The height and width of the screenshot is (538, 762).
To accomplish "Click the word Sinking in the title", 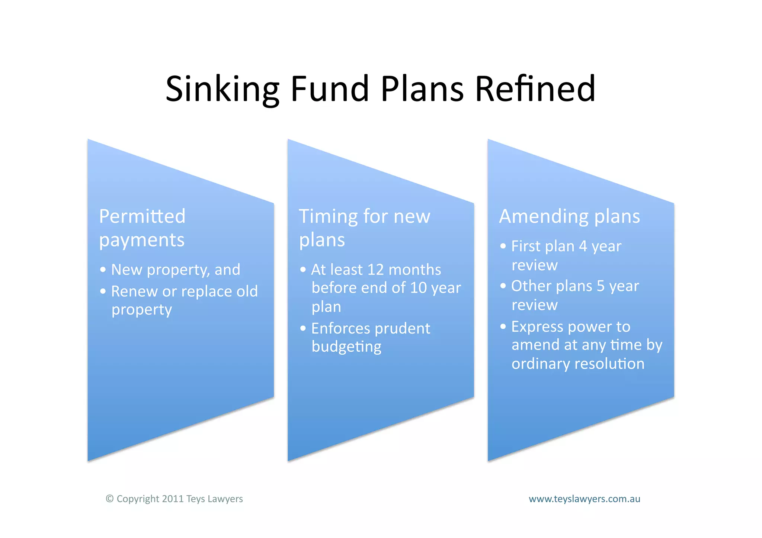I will [x=222, y=89].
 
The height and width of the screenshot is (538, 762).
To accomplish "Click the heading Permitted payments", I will [x=142, y=228].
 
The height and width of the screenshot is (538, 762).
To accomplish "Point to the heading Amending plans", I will [x=569, y=216].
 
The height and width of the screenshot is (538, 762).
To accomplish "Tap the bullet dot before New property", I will [x=103, y=270].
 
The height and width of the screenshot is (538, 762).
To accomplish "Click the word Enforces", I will [x=340, y=328].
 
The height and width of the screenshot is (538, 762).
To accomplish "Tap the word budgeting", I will [x=346, y=347].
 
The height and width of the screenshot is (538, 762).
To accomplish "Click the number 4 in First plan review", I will [x=583, y=246].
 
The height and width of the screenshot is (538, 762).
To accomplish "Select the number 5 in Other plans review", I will [x=601, y=286].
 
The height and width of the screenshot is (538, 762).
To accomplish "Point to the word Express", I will [x=537, y=327].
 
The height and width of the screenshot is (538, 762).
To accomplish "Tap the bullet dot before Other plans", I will [x=503, y=286].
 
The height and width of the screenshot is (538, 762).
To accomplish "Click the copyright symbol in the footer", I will [x=109, y=499].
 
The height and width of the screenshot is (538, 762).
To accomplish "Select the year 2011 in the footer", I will [x=173, y=499].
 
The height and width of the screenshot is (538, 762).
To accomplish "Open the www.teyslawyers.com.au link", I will [x=584, y=499].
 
